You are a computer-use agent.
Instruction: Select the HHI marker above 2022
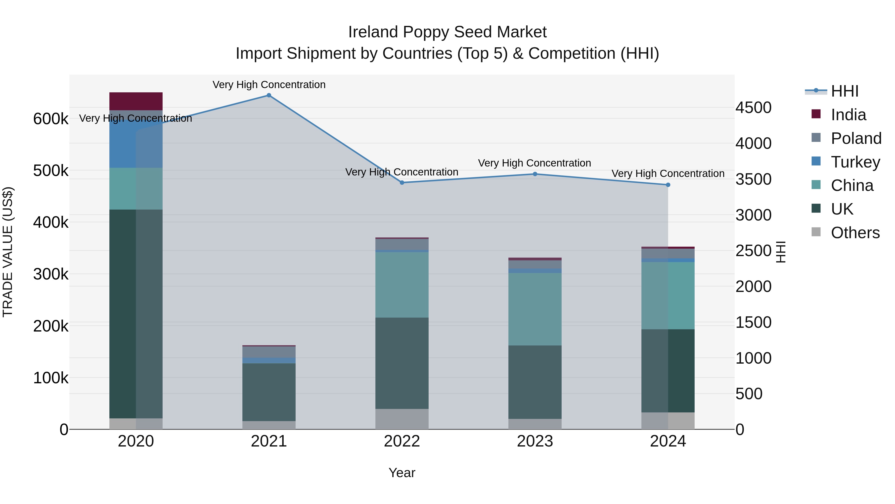point(402,183)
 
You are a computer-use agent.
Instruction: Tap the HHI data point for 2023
point(535,174)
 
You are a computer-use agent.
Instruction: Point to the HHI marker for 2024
point(668,185)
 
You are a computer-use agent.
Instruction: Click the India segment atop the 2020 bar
point(136,101)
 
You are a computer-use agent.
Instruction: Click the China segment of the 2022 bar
point(402,284)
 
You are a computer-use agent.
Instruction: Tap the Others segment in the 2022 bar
point(402,419)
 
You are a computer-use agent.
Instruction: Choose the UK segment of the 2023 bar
point(535,382)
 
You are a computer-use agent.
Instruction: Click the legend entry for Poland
point(856,138)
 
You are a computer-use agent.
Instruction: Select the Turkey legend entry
point(855,162)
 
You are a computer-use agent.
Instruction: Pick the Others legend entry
point(855,233)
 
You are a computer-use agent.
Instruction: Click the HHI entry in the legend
point(844,91)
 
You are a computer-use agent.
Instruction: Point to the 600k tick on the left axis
point(51,119)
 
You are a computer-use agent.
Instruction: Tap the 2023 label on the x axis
point(535,441)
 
